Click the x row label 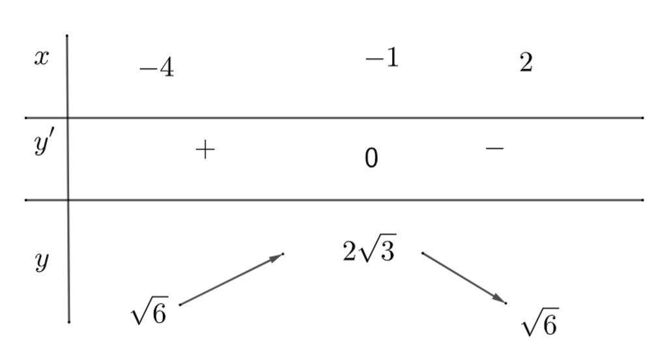pyautogui.click(x=41, y=58)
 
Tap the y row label pyautogui.click(x=42, y=262)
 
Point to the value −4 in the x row pyautogui.click(x=157, y=68)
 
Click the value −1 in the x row pyautogui.click(x=382, y=59)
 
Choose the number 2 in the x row pyautogui.click(x=526, y=63)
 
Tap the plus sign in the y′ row pyautogui.click(x=205, y=150)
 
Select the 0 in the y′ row pyautogui.click(x=371, y=158)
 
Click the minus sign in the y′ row pyautogui.click(x=494, y=148)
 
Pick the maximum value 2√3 pyautogui.click(x=369, y=251)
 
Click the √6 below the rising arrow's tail pyautogui.click(x=149, y=311)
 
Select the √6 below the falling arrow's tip pyautogui.click(x=539, y=322)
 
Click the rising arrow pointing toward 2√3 pyautogui.click(x=231, y=279)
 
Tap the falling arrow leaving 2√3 pyautogui.click(x=464, y=278)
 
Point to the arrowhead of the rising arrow pyautogui.click(x=278, y=256)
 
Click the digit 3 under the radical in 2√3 pyautogui.click(x=387, y=252)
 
